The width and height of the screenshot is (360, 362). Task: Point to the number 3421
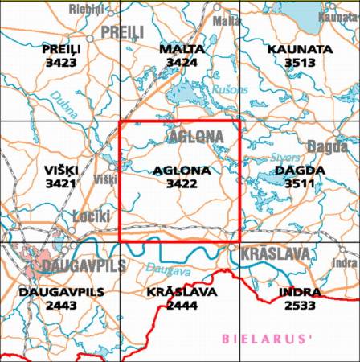(x=61, y=183)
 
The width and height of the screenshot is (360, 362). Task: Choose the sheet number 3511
(x=299, y=183)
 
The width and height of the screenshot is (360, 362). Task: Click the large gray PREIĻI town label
(x=121, y=32)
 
